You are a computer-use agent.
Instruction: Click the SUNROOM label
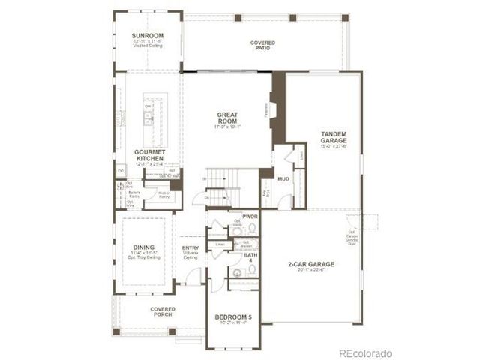click(x=147, y=34)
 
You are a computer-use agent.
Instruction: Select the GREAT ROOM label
click(x=227, y=118)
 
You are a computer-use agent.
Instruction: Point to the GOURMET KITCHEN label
click(x=149, y=154)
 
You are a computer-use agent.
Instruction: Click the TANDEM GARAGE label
click(x=333, y=137)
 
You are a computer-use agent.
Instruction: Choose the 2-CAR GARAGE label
click(x=310, y=265)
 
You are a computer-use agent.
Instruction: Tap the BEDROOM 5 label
click(x=233, y=318)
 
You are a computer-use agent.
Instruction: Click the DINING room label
click(x=142, y=248)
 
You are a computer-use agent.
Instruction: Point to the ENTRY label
click(x=190, y=249)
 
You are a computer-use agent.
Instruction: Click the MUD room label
click(x=283, y=180)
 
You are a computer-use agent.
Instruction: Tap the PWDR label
click(x=250, y=216)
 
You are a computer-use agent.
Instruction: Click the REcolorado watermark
click(x=364, y=352)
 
